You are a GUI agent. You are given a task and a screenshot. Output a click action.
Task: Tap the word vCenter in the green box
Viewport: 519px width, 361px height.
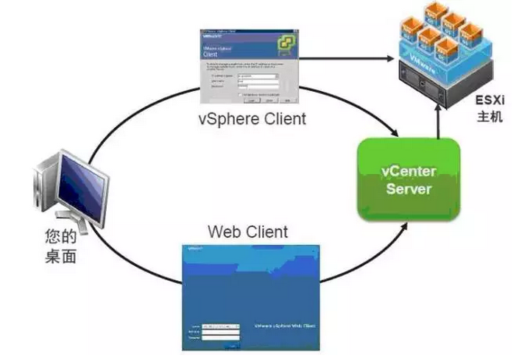408,171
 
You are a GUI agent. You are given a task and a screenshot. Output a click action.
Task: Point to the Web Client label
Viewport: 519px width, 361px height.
247,232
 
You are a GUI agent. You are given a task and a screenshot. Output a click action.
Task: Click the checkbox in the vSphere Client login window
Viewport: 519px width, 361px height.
239,95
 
